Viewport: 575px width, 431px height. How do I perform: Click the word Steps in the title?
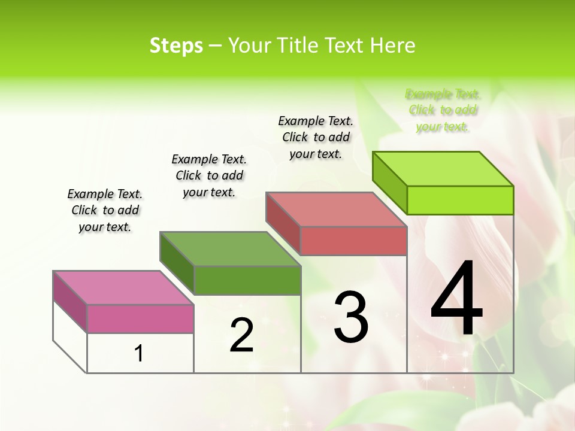176,45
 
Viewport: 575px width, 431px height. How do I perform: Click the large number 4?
456,299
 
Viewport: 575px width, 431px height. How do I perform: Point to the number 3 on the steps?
350,317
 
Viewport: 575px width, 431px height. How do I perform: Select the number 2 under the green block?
241,335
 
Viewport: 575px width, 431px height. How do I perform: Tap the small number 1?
139,353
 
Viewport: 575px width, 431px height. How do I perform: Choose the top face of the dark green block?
230,248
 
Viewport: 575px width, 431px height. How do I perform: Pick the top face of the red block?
337,210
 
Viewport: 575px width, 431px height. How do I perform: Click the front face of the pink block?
140,318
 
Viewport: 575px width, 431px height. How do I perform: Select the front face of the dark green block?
247,280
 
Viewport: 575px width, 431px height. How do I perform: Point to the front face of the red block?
353,241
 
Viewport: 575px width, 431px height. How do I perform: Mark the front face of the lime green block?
460,200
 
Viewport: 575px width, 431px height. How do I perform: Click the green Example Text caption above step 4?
443,110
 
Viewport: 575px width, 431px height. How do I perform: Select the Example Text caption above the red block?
316,137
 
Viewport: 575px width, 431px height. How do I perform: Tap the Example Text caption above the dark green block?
209,175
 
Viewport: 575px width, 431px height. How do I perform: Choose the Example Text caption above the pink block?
105,210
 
